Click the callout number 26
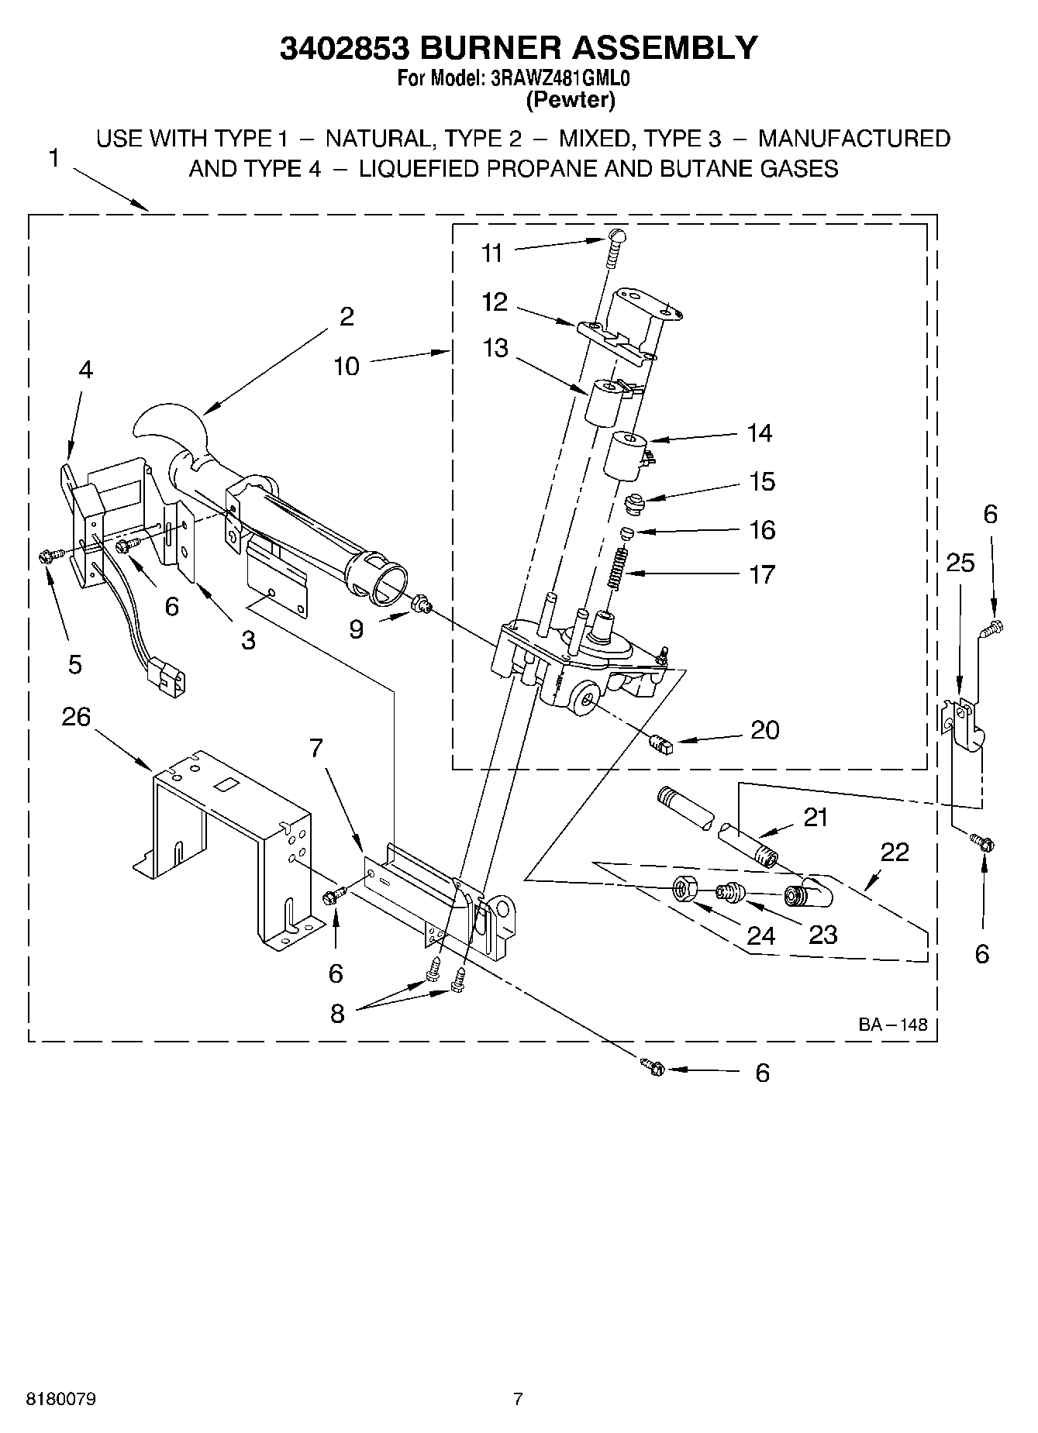tap(76, 717)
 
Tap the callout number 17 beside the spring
tap(762, 574)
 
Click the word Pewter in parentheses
tap(571, 99)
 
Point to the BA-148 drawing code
tap(892, 1024)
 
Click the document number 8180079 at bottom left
tap(61, 1400)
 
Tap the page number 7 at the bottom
tap(518, 1400)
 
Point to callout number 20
tap(764, 730)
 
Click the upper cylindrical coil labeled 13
tap(605, 402)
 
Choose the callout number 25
tap(960, 563)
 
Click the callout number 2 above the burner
tap(346, 316)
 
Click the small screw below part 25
tap(982, 842)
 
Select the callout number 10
tap(347, 366)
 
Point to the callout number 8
tap(336, 1014)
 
